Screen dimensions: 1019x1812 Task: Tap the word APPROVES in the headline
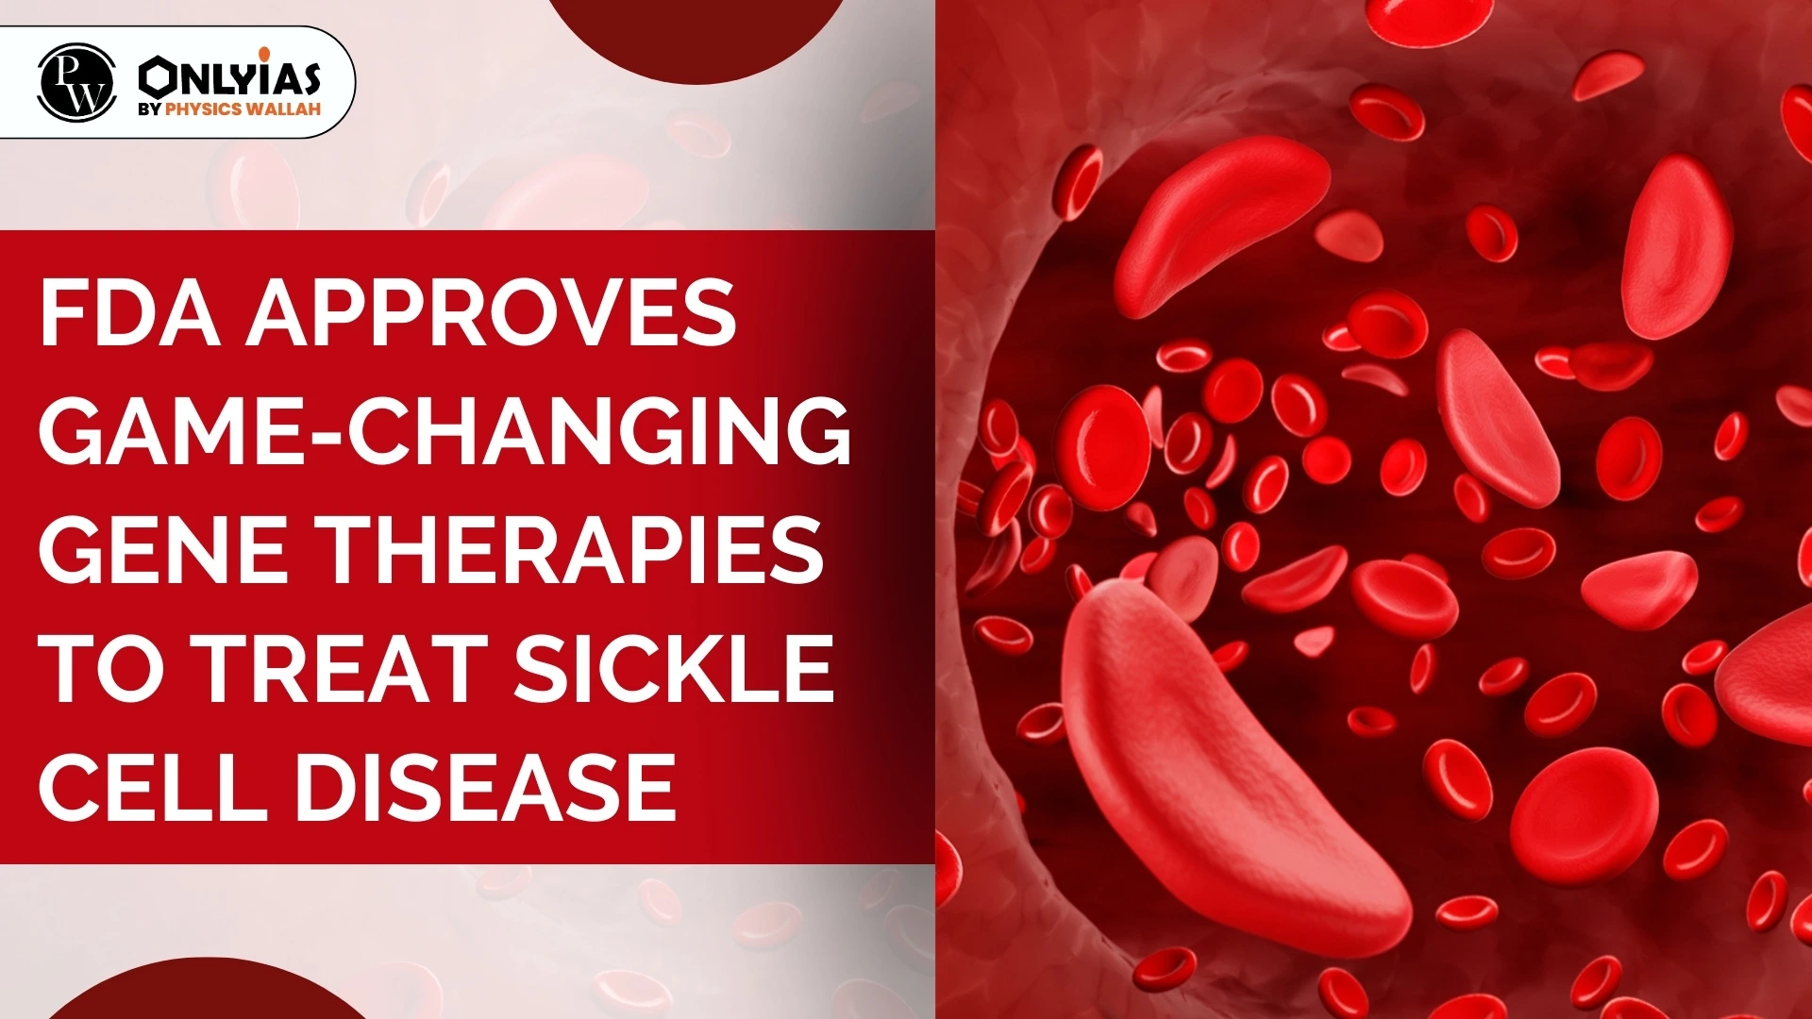(491, 313)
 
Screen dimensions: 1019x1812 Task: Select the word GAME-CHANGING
(445, 431)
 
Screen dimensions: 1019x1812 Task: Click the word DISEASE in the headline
(487, 785)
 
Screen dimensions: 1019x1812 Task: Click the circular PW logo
(76, 82)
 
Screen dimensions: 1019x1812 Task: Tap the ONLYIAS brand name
(229, 75)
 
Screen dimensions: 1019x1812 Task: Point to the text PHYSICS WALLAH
(243, 109)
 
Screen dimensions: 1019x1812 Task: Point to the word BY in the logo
(150, 109)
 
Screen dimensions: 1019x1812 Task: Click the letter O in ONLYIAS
(156, 76)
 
